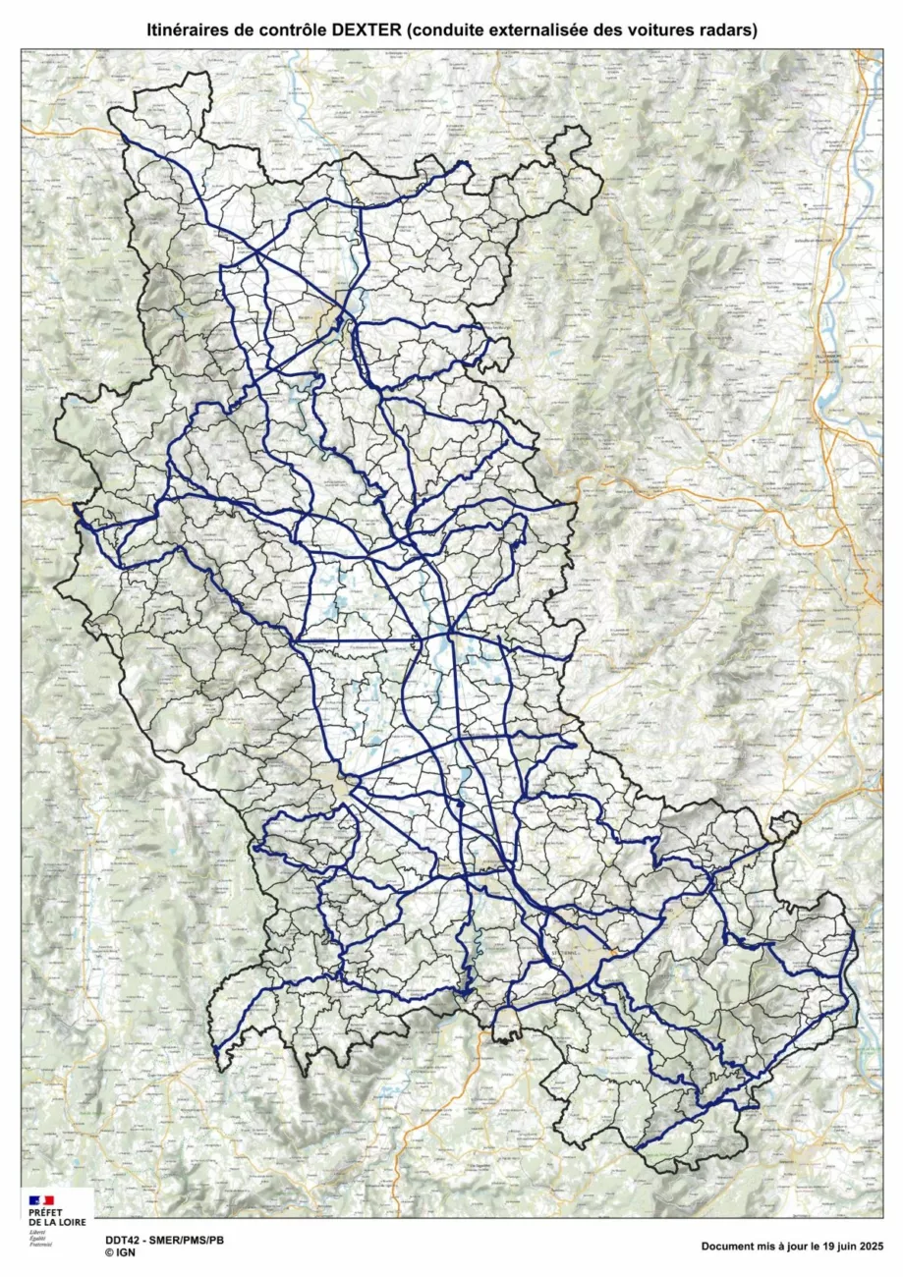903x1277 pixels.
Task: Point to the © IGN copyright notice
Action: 120,1252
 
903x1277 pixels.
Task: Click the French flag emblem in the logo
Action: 41,1200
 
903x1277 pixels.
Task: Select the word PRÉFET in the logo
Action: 45,1213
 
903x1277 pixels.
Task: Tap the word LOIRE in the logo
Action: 68,1222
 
